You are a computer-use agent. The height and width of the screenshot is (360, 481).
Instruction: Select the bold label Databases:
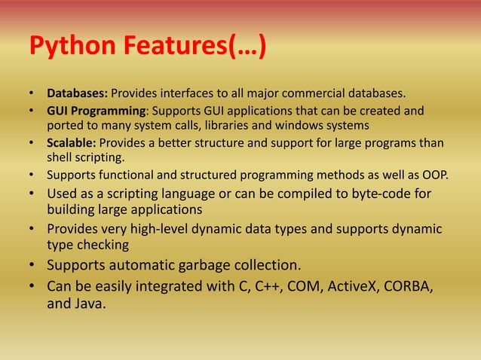pos(78,94)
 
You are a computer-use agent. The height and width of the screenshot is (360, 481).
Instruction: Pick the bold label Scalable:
pos(72,143)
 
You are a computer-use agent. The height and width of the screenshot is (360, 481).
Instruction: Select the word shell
pos(60,157)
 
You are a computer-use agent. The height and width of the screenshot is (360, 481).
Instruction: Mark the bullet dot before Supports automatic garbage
pos(32,265)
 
